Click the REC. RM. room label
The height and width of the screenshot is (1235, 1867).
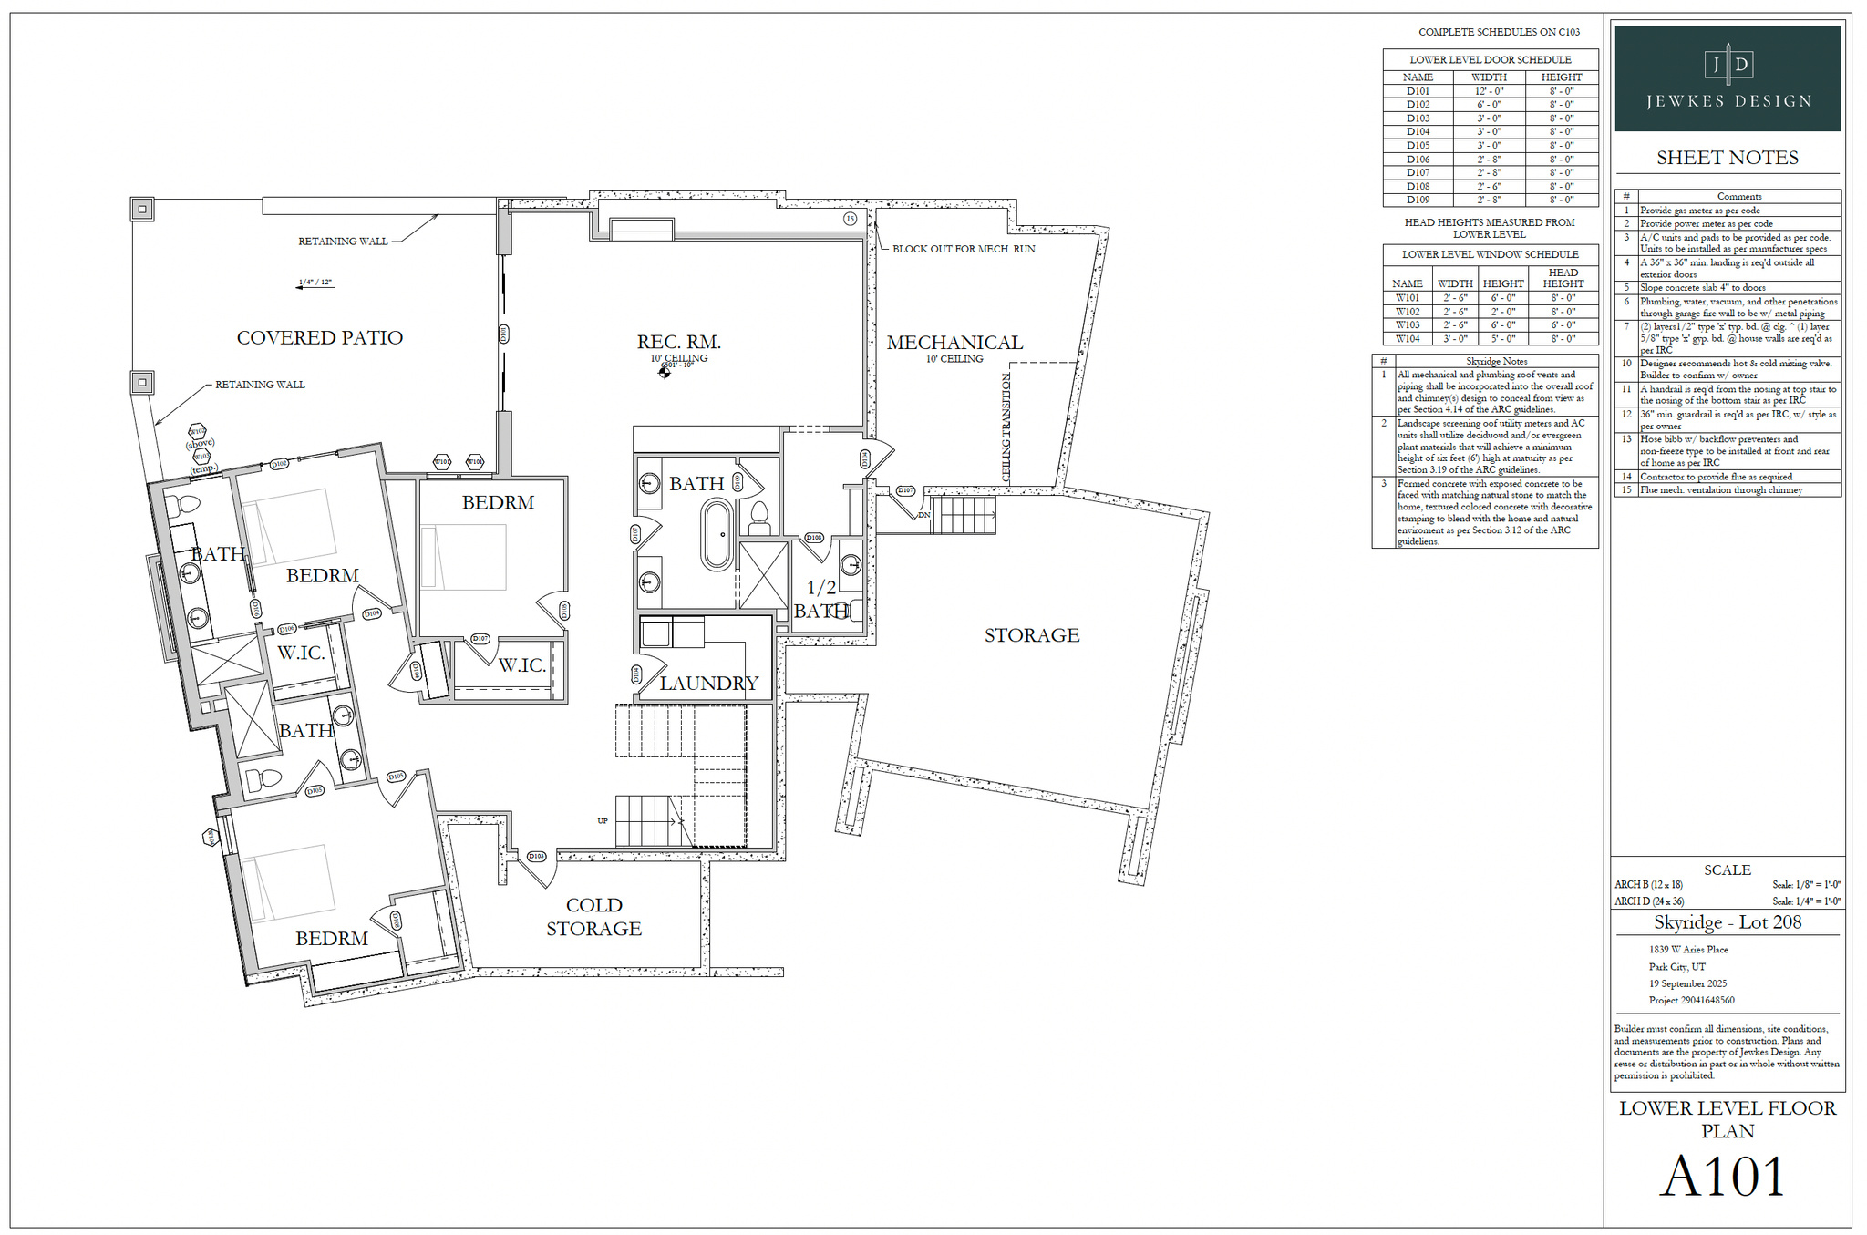678,342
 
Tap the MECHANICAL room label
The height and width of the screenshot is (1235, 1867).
954,343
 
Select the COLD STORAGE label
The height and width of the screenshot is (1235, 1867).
593,917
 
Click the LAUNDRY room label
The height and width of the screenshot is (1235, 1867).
708,683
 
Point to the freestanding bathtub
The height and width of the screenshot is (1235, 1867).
717,535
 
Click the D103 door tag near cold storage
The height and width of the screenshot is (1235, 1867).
537,856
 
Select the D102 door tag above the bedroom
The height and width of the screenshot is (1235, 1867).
280,464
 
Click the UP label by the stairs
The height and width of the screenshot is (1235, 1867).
603,821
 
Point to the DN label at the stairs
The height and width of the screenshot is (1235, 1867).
923,515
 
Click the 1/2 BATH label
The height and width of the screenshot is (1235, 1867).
821,599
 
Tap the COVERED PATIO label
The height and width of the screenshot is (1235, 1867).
319,338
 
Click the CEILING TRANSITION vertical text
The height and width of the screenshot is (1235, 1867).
1006,427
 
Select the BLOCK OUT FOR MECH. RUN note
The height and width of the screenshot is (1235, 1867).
963,249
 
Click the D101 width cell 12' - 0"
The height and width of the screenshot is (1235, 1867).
1489,91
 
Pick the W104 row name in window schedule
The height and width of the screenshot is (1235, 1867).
1407,338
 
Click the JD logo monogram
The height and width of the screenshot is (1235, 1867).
1728,64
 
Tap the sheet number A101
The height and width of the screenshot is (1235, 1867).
1722,1177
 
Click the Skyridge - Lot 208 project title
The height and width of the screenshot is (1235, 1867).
1728,922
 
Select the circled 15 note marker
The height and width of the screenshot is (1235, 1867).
850,219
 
